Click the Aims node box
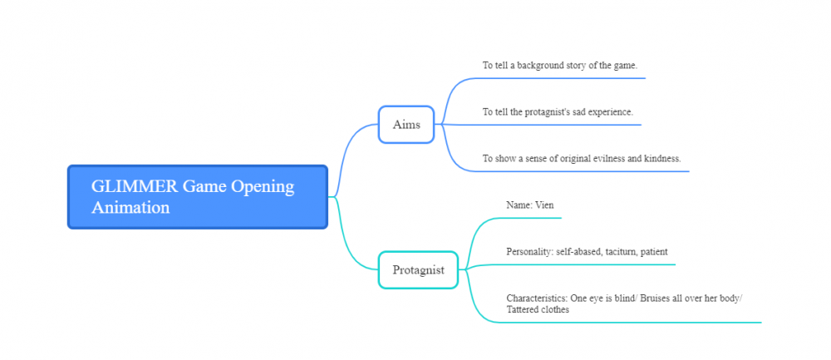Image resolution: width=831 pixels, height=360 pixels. click(406, 125)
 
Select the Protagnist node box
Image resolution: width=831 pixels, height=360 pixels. click(418, 270)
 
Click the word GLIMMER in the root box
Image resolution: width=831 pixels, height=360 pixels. click(135, 186)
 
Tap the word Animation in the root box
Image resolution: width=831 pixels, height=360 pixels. click(130, 207)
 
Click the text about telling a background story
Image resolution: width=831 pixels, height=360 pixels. click(559, 66)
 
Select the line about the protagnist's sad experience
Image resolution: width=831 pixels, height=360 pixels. click(558, 112)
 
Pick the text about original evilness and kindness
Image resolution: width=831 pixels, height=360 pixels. click(582, 159)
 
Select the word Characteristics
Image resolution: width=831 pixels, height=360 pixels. click(537, 298)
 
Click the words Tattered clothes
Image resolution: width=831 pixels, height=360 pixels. click(538, 309)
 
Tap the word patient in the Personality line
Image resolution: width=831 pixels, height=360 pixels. click(654, 252)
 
